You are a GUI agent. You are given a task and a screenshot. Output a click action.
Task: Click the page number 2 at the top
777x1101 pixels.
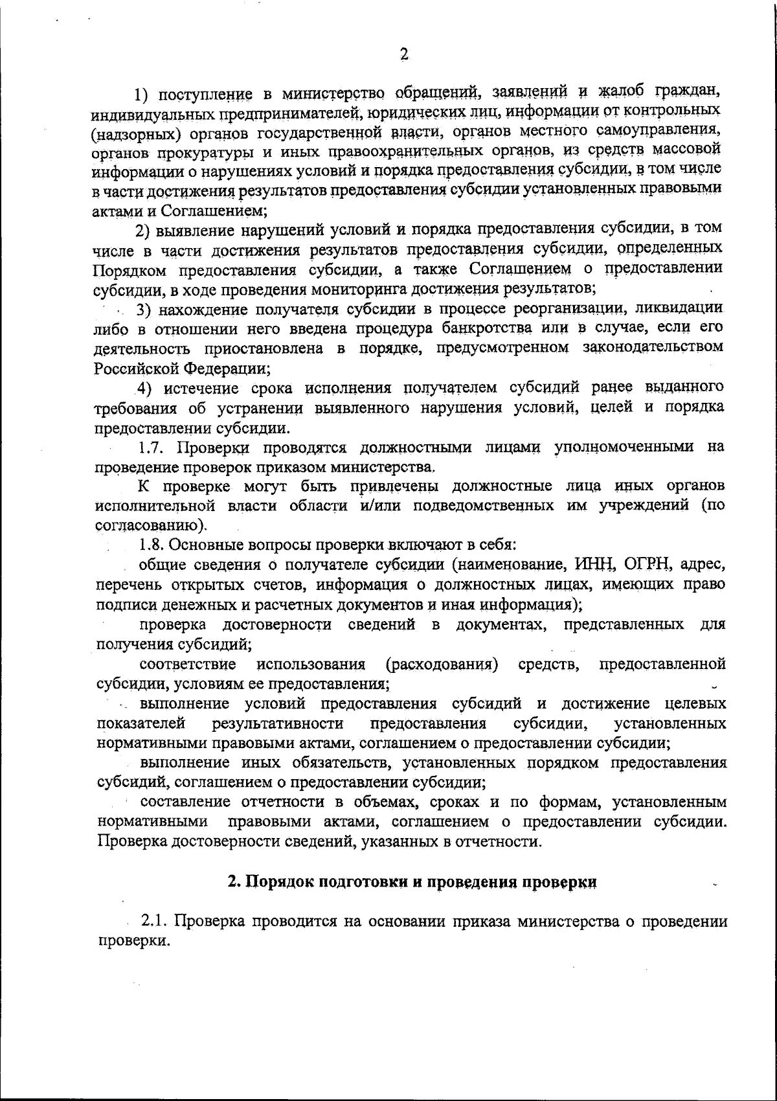point(404,56)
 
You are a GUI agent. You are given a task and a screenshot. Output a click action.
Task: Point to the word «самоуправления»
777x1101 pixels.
point(659,131)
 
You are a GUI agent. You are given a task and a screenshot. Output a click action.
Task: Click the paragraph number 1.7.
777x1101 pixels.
point(154,447)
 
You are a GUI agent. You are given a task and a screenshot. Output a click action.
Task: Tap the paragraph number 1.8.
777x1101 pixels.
point(154,545)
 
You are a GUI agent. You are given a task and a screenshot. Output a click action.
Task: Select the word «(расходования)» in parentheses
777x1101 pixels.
point(442,665)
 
